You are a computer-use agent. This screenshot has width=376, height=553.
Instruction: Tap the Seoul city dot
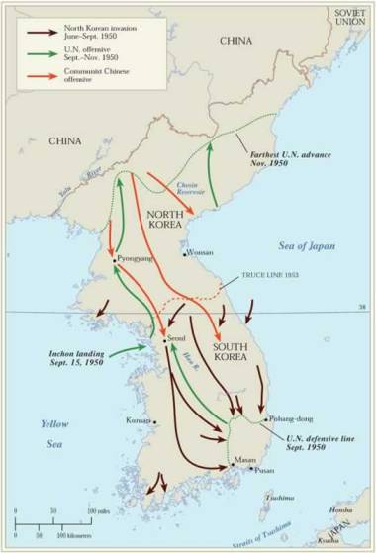click(x=164, y=341)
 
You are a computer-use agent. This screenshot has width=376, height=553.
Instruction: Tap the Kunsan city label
click(x=139, y=420)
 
